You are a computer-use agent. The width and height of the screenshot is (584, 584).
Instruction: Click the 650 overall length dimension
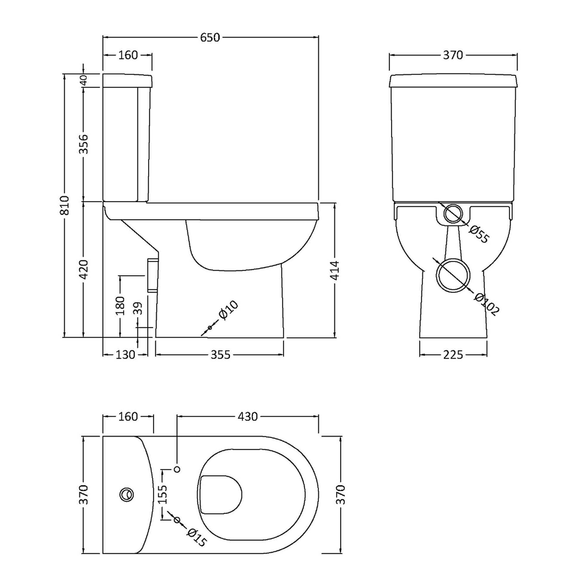coord(210,37)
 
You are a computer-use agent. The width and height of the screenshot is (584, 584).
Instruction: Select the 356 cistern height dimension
coord(84,144)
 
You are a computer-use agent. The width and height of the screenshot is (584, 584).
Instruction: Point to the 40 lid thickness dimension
coord(84,80)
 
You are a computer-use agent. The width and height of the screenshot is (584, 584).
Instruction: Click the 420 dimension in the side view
coord(84,269)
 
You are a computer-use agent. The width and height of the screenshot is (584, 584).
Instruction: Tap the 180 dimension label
coord(120,306)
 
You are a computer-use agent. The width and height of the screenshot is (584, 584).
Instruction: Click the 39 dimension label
coord(138,308)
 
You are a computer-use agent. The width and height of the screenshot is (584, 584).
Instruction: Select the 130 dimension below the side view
coord(125,354)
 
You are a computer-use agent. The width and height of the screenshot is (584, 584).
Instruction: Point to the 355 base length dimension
coord(220,354)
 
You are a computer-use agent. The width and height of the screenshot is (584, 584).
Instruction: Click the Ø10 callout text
coord(229,310)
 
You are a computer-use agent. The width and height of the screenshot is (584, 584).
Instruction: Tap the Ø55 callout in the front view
coord(479,234)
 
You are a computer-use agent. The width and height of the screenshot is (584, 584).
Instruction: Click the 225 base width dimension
coord(453,354)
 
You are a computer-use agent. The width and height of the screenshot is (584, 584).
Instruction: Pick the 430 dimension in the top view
coord(248,417)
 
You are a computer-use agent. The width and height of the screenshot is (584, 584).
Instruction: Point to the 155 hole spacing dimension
coord(163,494)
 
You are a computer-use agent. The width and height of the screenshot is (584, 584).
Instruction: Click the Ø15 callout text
coord(197,538)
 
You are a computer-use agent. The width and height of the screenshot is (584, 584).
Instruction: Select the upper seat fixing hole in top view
coord(178,469)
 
